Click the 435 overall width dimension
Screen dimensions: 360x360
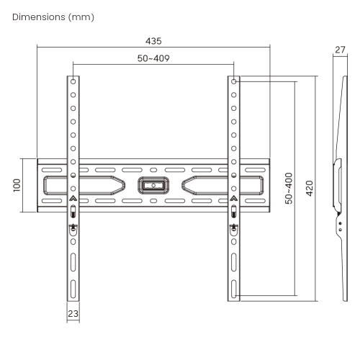click(x=153, y=41)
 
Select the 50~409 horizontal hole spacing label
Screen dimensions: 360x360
click(x=153, y=58)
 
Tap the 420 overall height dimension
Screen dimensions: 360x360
click(x=310, y=189)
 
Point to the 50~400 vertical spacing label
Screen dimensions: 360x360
click(x=289, y=189)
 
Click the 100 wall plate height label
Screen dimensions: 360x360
click(x=17, y=185)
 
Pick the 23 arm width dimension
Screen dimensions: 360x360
click(x=73, y=314)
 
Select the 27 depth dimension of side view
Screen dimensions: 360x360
click(x=340, y=50)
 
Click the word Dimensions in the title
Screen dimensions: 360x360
click(x=39, y=17)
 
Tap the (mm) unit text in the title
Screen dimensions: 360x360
click(x=81, y=17)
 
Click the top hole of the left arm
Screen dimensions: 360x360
click(x=73, y=81)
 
